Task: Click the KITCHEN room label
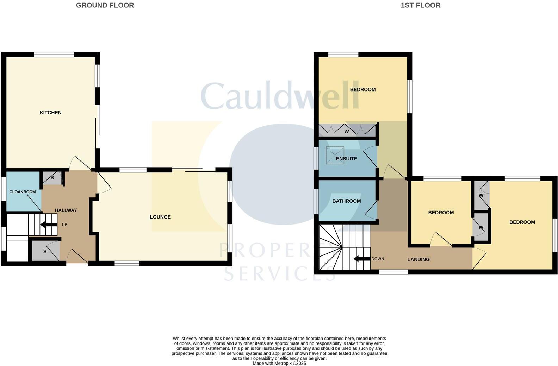coord(50,113)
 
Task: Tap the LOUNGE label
coord(160,217)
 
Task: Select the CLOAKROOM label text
coord(23,192)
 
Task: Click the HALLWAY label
coord(66,210)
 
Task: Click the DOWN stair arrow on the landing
coord(361,259)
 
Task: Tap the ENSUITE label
coord(347,159)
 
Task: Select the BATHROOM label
coord(347,201)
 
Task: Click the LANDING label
coord(418,259)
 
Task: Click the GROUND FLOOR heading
coord(105,5)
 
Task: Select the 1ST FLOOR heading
coord(420,5)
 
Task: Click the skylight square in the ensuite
coord(335,156)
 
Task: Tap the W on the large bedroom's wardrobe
coord(347,131)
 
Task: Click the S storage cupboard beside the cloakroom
coord(52,178)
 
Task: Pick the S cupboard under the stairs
coord(45,251)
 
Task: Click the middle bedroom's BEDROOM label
coord(441,213)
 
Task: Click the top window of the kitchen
coord(54,55)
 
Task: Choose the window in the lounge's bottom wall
coord(127,263)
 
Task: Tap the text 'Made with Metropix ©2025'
coord(279,363)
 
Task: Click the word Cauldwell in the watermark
coord(280,96)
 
